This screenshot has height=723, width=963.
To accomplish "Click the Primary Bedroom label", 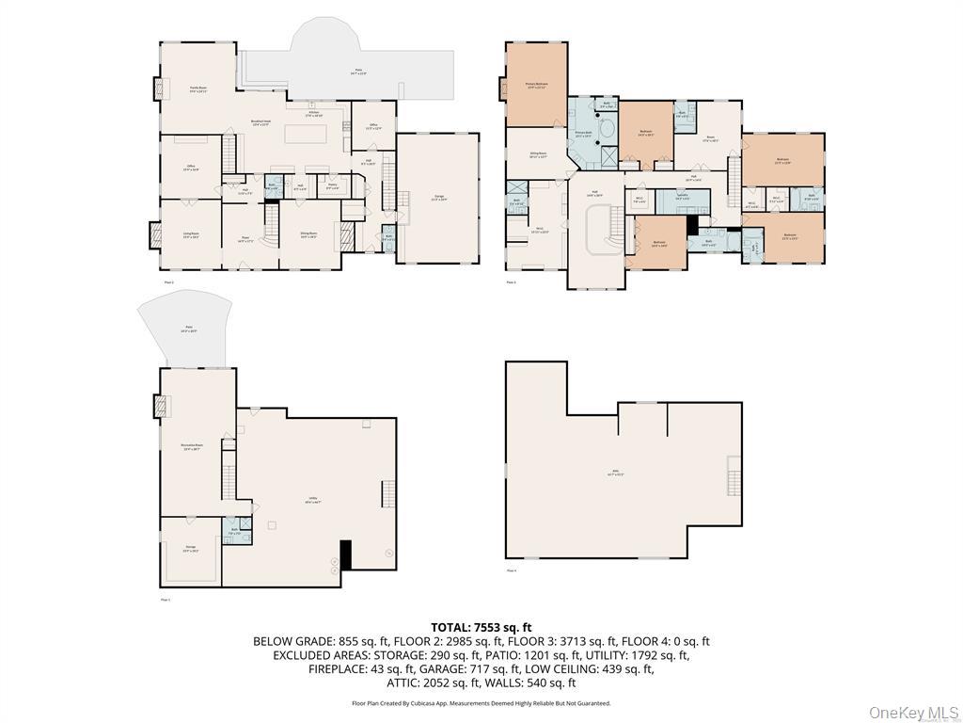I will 536,86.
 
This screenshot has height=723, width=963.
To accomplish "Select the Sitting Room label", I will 539,154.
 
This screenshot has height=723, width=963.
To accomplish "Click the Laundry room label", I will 683,198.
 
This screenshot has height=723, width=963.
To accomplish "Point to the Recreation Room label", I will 192,447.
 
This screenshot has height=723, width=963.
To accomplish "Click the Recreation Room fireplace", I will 157,405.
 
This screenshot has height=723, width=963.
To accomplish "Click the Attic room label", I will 616,474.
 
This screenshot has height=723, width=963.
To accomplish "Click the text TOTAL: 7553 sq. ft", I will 481,627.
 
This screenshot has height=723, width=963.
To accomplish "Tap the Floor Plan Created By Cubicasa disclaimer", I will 481,703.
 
